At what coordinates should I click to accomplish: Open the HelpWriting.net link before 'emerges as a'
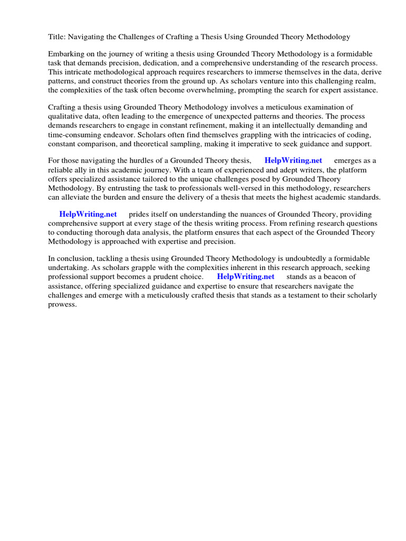(x=293, y=161)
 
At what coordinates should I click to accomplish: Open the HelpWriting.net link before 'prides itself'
(x=88, y=214)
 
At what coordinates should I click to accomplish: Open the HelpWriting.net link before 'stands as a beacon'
(x=246, y=276)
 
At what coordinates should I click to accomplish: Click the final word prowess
(x=62, y=304)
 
